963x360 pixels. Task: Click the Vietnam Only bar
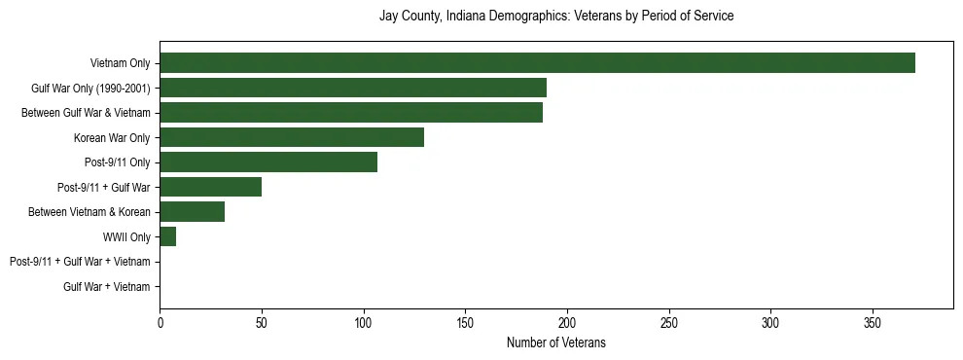(537, 63)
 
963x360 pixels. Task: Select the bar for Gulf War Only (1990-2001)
(353, 88)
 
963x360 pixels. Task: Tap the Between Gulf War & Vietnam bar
(351, 113)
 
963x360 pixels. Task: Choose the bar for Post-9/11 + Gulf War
(211, 187)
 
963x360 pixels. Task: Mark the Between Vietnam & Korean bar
(193, 212)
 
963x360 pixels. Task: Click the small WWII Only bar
(168, 236)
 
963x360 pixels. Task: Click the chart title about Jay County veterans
(555, 17)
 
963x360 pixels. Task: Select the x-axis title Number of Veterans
(555, 342)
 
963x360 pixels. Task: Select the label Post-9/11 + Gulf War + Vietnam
(80, 262)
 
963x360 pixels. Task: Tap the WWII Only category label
(121, 237)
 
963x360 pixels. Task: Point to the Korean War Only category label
(112, 138)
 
